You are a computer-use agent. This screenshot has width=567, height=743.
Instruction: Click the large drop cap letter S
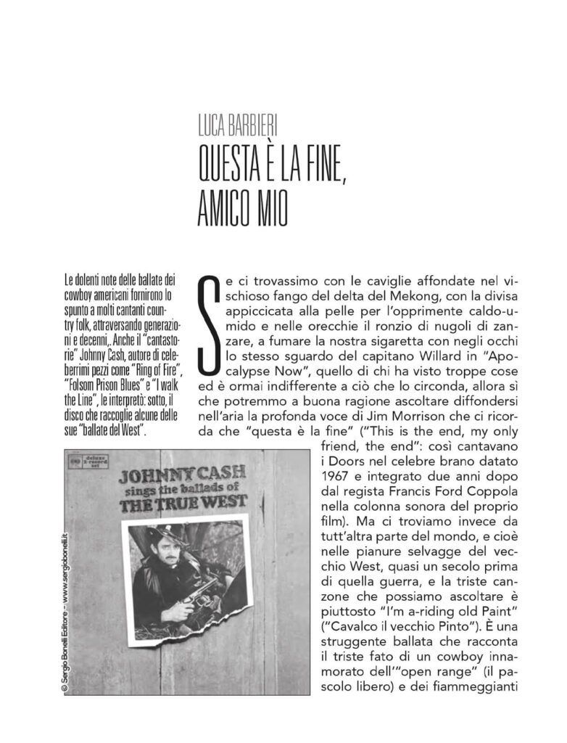click(208, 320)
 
